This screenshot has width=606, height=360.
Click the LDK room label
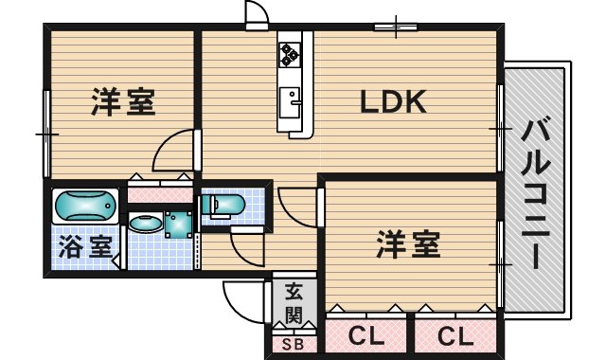coord(393,101)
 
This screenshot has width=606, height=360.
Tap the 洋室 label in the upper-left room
coord(123,101)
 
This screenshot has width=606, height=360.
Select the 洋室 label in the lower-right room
coord(408,244)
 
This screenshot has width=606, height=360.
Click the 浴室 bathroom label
coord(85,246)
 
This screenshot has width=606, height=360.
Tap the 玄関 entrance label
coord(294,303)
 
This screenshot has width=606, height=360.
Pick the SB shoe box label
coord(293,344)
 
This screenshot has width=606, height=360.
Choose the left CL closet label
coord(366,335)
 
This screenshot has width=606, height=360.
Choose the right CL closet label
coord(455,335)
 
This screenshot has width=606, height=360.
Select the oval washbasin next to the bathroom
coord(146,224)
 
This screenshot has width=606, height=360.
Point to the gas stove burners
coord(290,54)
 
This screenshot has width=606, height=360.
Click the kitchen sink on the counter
coord(290,102)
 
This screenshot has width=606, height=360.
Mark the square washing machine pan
coord(179,225)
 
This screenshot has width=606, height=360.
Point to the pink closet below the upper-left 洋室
coord(160,195)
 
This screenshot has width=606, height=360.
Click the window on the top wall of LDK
coord(396,27)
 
